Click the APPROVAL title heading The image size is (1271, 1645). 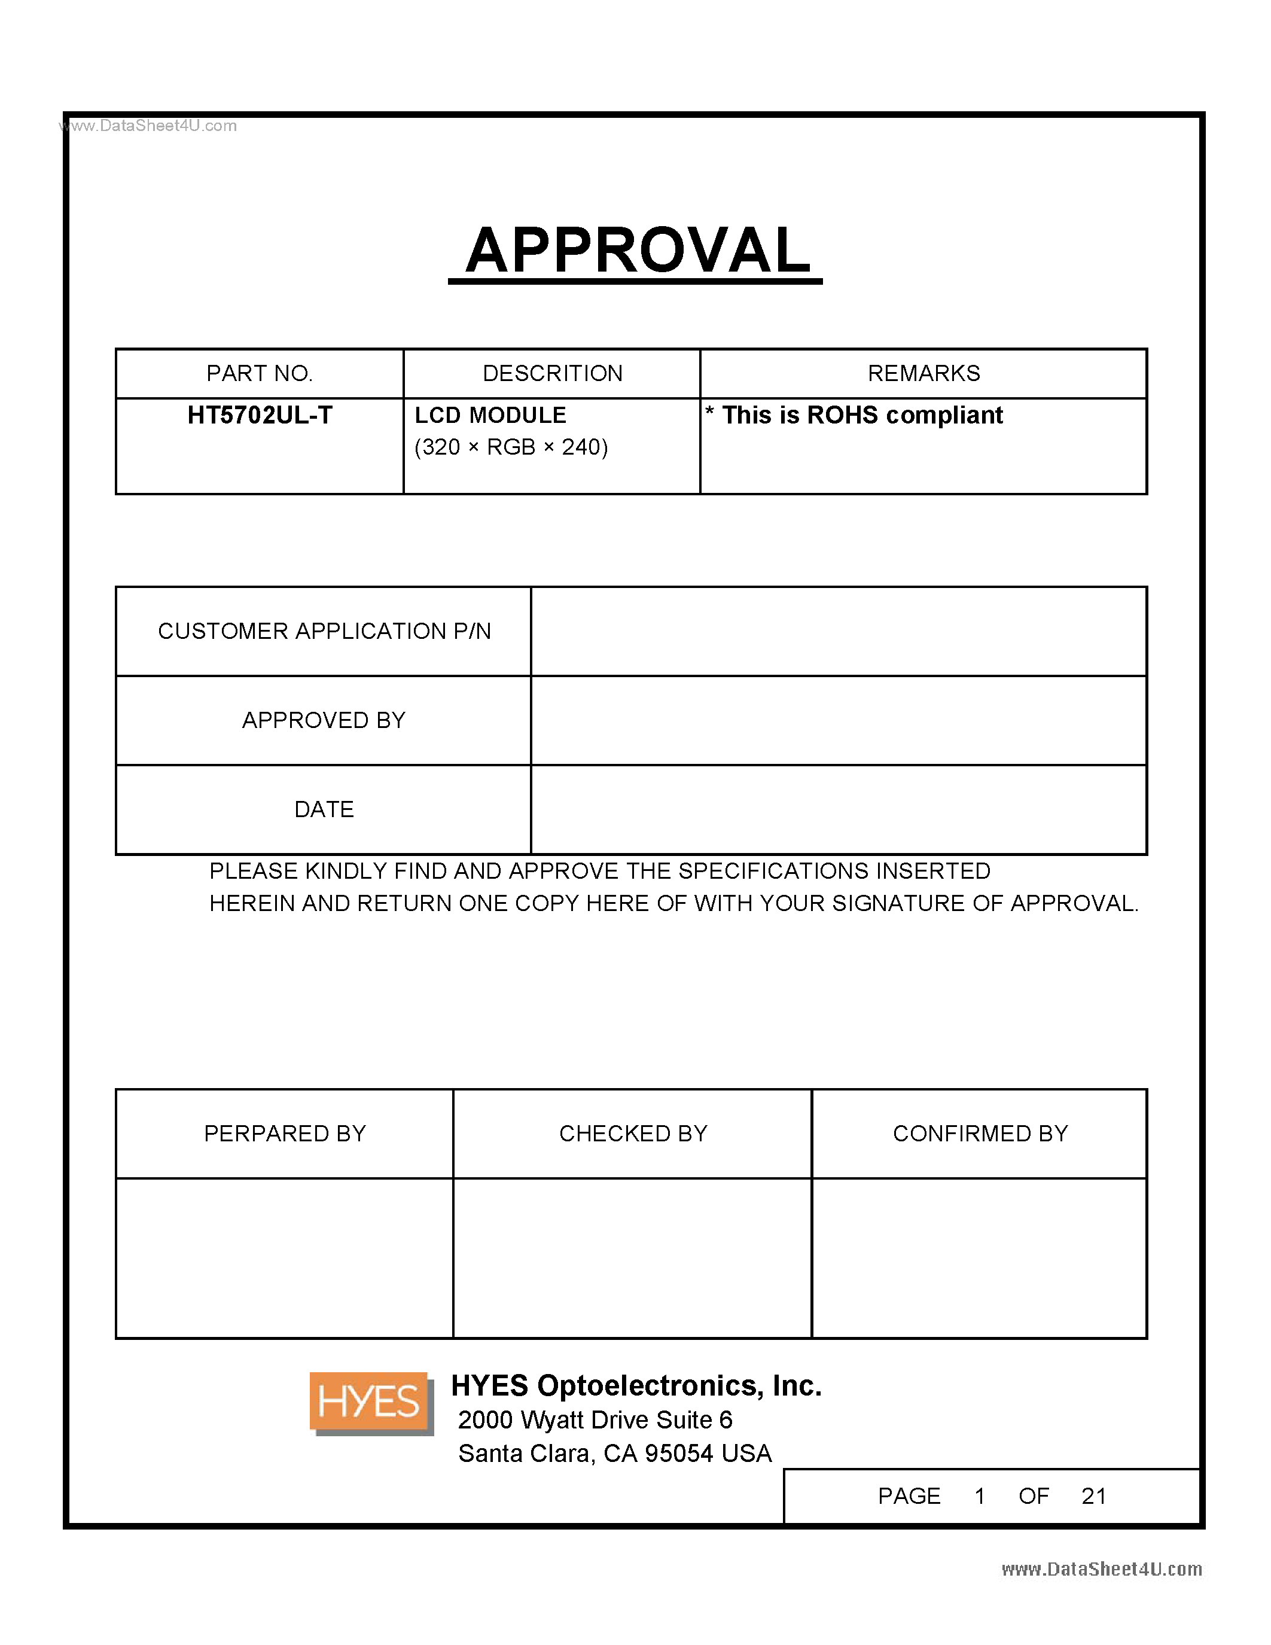(x=637, y=251)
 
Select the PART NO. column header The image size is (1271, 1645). (x=259, y=374)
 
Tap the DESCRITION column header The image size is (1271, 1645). (x=552, y=374)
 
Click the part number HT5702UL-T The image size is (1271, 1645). (x=259, y=415)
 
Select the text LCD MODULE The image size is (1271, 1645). (x=490, y=415)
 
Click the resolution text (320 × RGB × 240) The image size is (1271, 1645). (x=511, y=447)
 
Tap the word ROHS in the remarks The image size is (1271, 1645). (x=842, y=415)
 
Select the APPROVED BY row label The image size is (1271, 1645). (x=324, y=721)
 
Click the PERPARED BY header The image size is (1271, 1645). (x=285, y=1134)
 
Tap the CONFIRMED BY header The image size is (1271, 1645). (x=980, y=1134)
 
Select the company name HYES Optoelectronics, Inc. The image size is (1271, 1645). (x=635, y=1386)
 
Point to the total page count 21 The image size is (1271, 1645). (x=1093, y=1496)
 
